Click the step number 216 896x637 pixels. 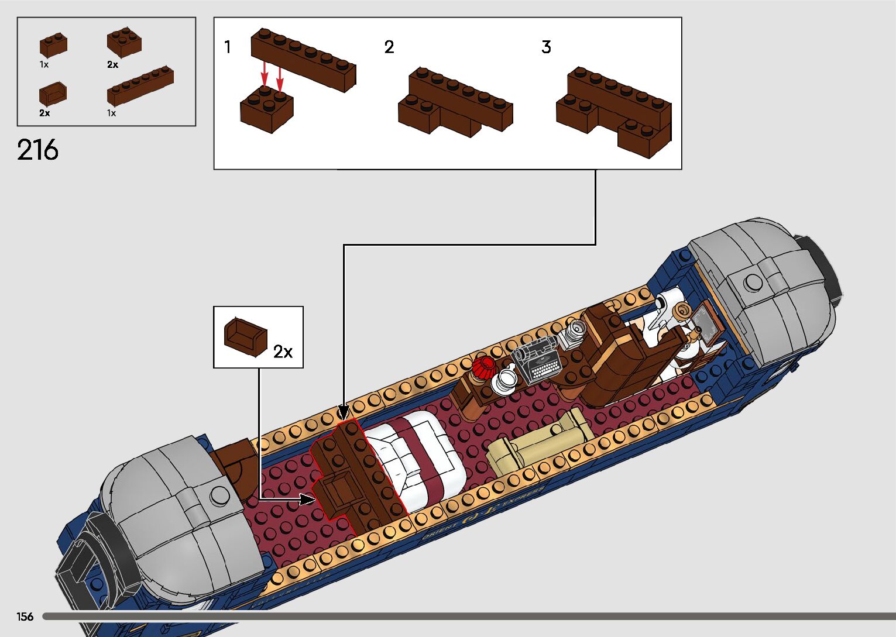[38, 150]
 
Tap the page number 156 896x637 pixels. [25, 617]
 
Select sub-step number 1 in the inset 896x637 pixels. [228, 47]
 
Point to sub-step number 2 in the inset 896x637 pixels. [389, 47]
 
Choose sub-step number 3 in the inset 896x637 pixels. [546, 47]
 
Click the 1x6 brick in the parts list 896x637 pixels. [140, 87]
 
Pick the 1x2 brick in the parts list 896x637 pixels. [53, 46]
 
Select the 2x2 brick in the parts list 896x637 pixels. [124, 42]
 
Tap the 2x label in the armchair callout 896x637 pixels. [283, 351]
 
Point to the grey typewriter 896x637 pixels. [537, 359]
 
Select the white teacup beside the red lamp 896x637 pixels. [505, 380]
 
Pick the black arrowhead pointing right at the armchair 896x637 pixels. [308, 500]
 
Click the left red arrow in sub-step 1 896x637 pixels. [265, 75]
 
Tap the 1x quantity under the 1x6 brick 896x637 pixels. [111, 113]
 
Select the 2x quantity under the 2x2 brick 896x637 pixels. [112, 65]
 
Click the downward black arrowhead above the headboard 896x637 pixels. [344, 413]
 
